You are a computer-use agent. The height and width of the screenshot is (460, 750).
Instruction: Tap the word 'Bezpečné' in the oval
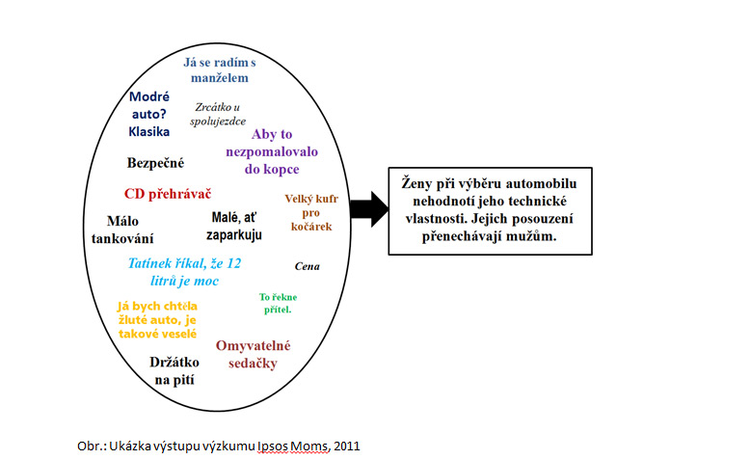155,163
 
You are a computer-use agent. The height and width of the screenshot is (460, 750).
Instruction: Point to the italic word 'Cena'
307,266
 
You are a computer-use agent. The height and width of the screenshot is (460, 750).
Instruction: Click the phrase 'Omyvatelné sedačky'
253,354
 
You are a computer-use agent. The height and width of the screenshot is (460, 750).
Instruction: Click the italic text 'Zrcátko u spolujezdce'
219,114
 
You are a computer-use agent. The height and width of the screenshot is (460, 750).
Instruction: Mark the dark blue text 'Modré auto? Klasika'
149,114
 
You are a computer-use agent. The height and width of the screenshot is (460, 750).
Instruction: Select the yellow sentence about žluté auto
157,319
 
